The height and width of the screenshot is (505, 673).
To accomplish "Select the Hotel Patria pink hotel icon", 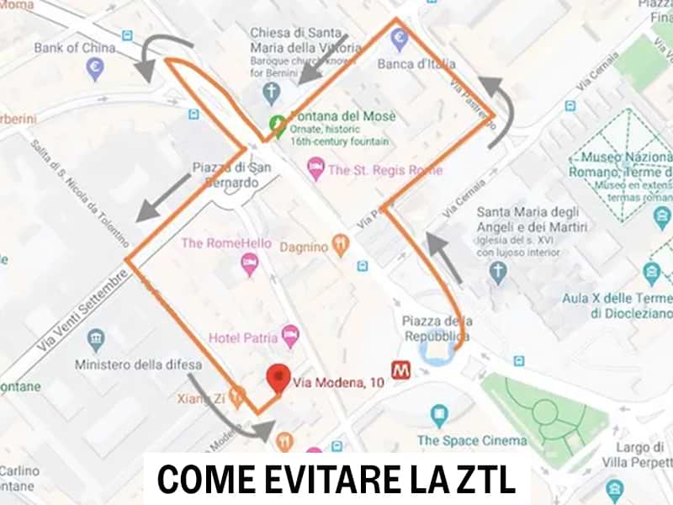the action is (x=290, y=335).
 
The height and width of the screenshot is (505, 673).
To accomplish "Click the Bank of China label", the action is (x=74, y=47).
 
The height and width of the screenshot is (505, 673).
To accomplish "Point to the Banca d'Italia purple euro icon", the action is (x=399, y=36).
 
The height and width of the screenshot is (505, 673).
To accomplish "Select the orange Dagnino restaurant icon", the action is (x=341, y=245).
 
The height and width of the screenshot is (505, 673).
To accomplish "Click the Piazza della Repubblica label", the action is (x=436, y=329).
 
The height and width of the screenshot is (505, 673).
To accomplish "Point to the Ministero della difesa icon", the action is (x=96, y=340).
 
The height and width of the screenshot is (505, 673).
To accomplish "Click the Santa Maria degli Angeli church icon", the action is (x=499, y=272).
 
